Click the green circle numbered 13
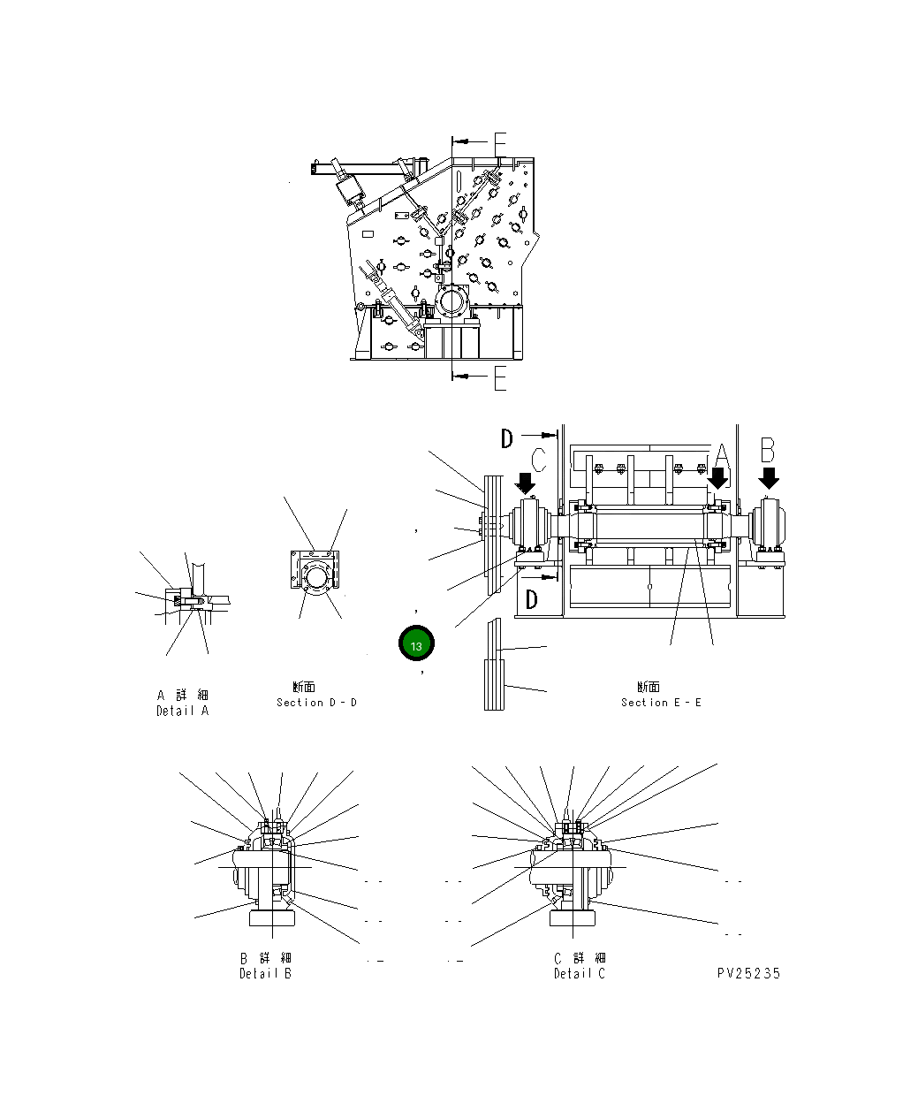tap(416, 644)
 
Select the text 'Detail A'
tap(183, 711)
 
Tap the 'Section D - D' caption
tap(316, 703)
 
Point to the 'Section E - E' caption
tap(661, 703)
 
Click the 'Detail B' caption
tap(265, 974)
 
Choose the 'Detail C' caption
tap(580, 974)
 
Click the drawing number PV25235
tap(749, 974)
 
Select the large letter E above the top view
tap(500, 144)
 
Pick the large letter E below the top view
tap(500, 379)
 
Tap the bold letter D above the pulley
tap(507, 438)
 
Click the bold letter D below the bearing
tap(531, 599)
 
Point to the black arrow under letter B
tap(769, 478)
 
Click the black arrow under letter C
tap(526, 483)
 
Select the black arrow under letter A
tap(718, 478)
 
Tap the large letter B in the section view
tap(768, 451)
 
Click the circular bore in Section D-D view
tap(315, 580)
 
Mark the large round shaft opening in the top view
tap(452, 301)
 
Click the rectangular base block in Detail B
tap(272, 918)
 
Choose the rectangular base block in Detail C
tap(573, 918)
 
